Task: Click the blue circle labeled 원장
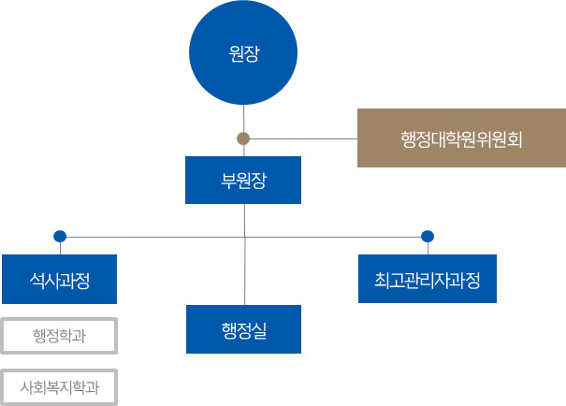click(243, 55)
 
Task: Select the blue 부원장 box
click(243, 181)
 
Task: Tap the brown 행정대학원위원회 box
click(460, 138)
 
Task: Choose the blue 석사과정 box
click(59, 279)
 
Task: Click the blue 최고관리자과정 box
click(428, 279)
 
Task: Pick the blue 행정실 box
click(243, 329)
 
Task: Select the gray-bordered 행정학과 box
click(59, 336)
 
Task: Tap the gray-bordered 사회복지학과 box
click(59, 384)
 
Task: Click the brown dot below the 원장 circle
click(243, 138)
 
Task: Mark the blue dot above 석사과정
click(60, 235)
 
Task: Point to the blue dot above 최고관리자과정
click(428, 235)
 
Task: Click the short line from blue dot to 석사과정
click(60, 248)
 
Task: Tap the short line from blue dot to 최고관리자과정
click(428, 248)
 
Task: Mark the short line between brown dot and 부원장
click(243, 151)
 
